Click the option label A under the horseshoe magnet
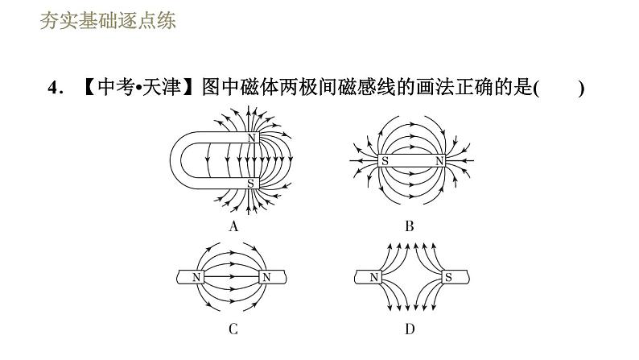[x=233, y=226]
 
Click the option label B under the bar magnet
[x=410, y=226]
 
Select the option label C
[x=233, y=329]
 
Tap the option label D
[x=410, y=329]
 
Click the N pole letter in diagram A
[x=251, y=139]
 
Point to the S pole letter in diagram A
[x=251, y=184]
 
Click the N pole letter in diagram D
[x=374, y=278]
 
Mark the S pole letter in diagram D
[x=448, y=278]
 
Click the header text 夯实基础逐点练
[x=107, y=21]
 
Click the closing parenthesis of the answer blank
[x=580, y=89]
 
